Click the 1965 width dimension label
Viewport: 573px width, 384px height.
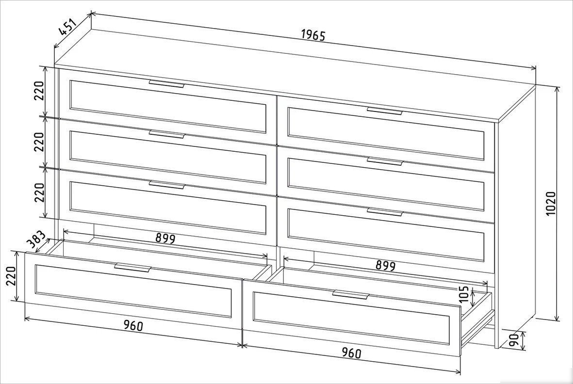313,35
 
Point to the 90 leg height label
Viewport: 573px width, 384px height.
514,340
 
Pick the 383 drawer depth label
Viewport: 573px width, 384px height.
36,240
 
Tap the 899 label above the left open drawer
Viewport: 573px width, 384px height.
165,239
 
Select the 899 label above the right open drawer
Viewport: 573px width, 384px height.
386,265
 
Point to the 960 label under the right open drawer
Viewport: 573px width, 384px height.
351,352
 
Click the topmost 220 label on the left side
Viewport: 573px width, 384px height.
39,91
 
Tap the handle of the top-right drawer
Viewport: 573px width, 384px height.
384,111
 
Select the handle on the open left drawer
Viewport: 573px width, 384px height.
132,267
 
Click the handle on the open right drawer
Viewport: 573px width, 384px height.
350,295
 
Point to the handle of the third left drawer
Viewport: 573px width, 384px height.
166,185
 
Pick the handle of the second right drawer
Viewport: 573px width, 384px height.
384,161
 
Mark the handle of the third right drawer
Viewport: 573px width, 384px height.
384,211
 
